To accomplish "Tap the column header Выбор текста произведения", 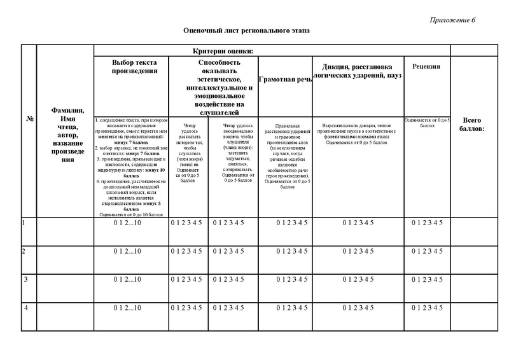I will pos(130,66).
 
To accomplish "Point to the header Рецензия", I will pos(426,66).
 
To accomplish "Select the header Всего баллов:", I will pos(473,125).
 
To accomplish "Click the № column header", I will pos(30,119).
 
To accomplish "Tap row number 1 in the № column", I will pos(24,223).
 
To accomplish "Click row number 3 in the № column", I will pos(24,280).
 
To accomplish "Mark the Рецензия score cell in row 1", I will pos(426,223).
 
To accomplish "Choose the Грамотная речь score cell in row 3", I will pos(284,280).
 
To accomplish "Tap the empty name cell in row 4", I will pos(66,316).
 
